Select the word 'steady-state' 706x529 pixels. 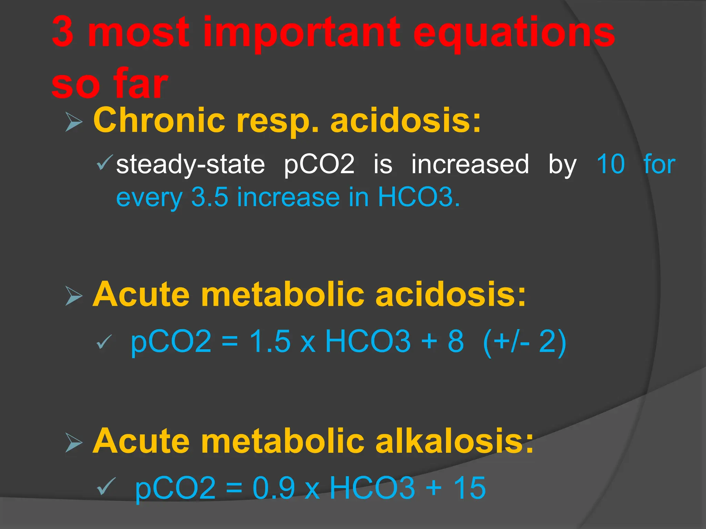(x=190, y=165)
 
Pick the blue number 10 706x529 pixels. (x=611, y=164)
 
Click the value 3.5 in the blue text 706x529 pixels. (x=210, y=197)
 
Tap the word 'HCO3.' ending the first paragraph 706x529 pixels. (x=418, y=197)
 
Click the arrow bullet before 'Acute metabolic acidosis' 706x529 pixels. (x=74, y=296)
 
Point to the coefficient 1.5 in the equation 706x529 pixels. (x=270, y=341)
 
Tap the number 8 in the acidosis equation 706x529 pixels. (x=456, y=341)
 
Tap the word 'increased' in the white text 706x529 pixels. (x=470, y=164)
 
